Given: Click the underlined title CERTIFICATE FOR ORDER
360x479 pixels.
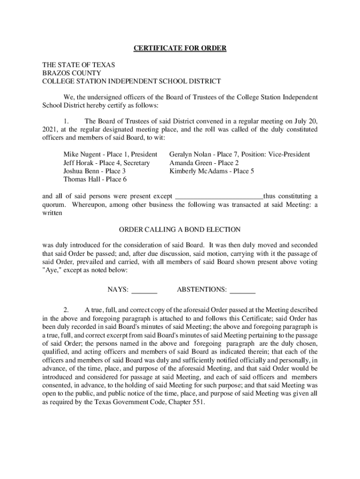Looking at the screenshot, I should coord(180,49).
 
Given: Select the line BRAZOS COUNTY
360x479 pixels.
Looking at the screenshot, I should coord(72,73).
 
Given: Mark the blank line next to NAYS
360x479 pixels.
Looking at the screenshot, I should coord(144,290).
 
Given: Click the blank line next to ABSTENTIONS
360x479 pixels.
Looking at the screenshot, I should coord(243,290).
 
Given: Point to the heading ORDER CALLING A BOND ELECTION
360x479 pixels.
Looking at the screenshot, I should coord(180,230).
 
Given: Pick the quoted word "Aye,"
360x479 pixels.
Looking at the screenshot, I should coord(51,270).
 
